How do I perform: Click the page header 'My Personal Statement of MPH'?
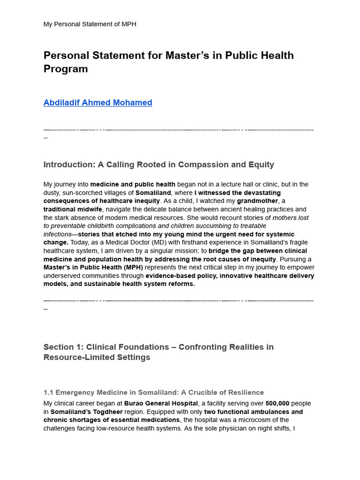coord(90,24)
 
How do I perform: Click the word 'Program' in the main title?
coord(66,69)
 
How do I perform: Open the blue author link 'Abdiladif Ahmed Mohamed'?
coord(97,103)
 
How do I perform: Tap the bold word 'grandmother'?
coord(257,201)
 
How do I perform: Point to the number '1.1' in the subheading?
coord(49,392)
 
